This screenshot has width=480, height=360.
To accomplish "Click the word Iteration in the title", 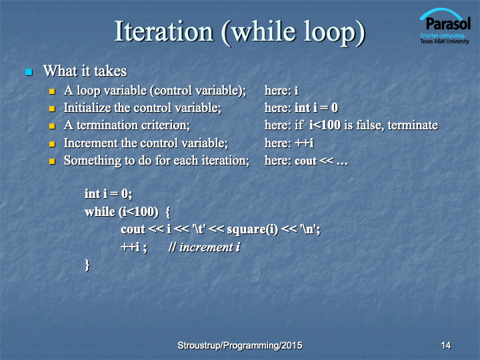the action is click(x=164, y=31).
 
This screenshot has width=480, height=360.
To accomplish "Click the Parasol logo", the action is click(x=445, y=26).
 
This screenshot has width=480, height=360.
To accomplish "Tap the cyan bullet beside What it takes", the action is click(x=29, y=72).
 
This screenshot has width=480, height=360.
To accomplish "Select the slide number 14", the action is click(x=446, y=345).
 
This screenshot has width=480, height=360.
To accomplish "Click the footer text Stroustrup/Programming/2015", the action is click(x=240, y=345).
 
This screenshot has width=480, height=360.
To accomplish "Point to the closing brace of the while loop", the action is click(x=87, y=265).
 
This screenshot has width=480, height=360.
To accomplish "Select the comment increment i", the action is click(x=204, y=247).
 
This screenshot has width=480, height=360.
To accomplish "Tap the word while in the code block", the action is click(x=100, y=211).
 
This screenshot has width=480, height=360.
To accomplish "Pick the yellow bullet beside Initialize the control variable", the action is click(x=52, y=109).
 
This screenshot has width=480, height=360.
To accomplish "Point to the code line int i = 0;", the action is click(x=109, y=194).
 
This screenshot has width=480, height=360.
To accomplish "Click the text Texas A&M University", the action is click(x=445, y=41).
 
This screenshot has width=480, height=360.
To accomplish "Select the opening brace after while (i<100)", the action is click(x=168, y=212).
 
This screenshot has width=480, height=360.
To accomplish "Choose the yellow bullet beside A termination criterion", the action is click(x=52, y=126).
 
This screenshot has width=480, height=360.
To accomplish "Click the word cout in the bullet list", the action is click(x=305, y=161).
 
